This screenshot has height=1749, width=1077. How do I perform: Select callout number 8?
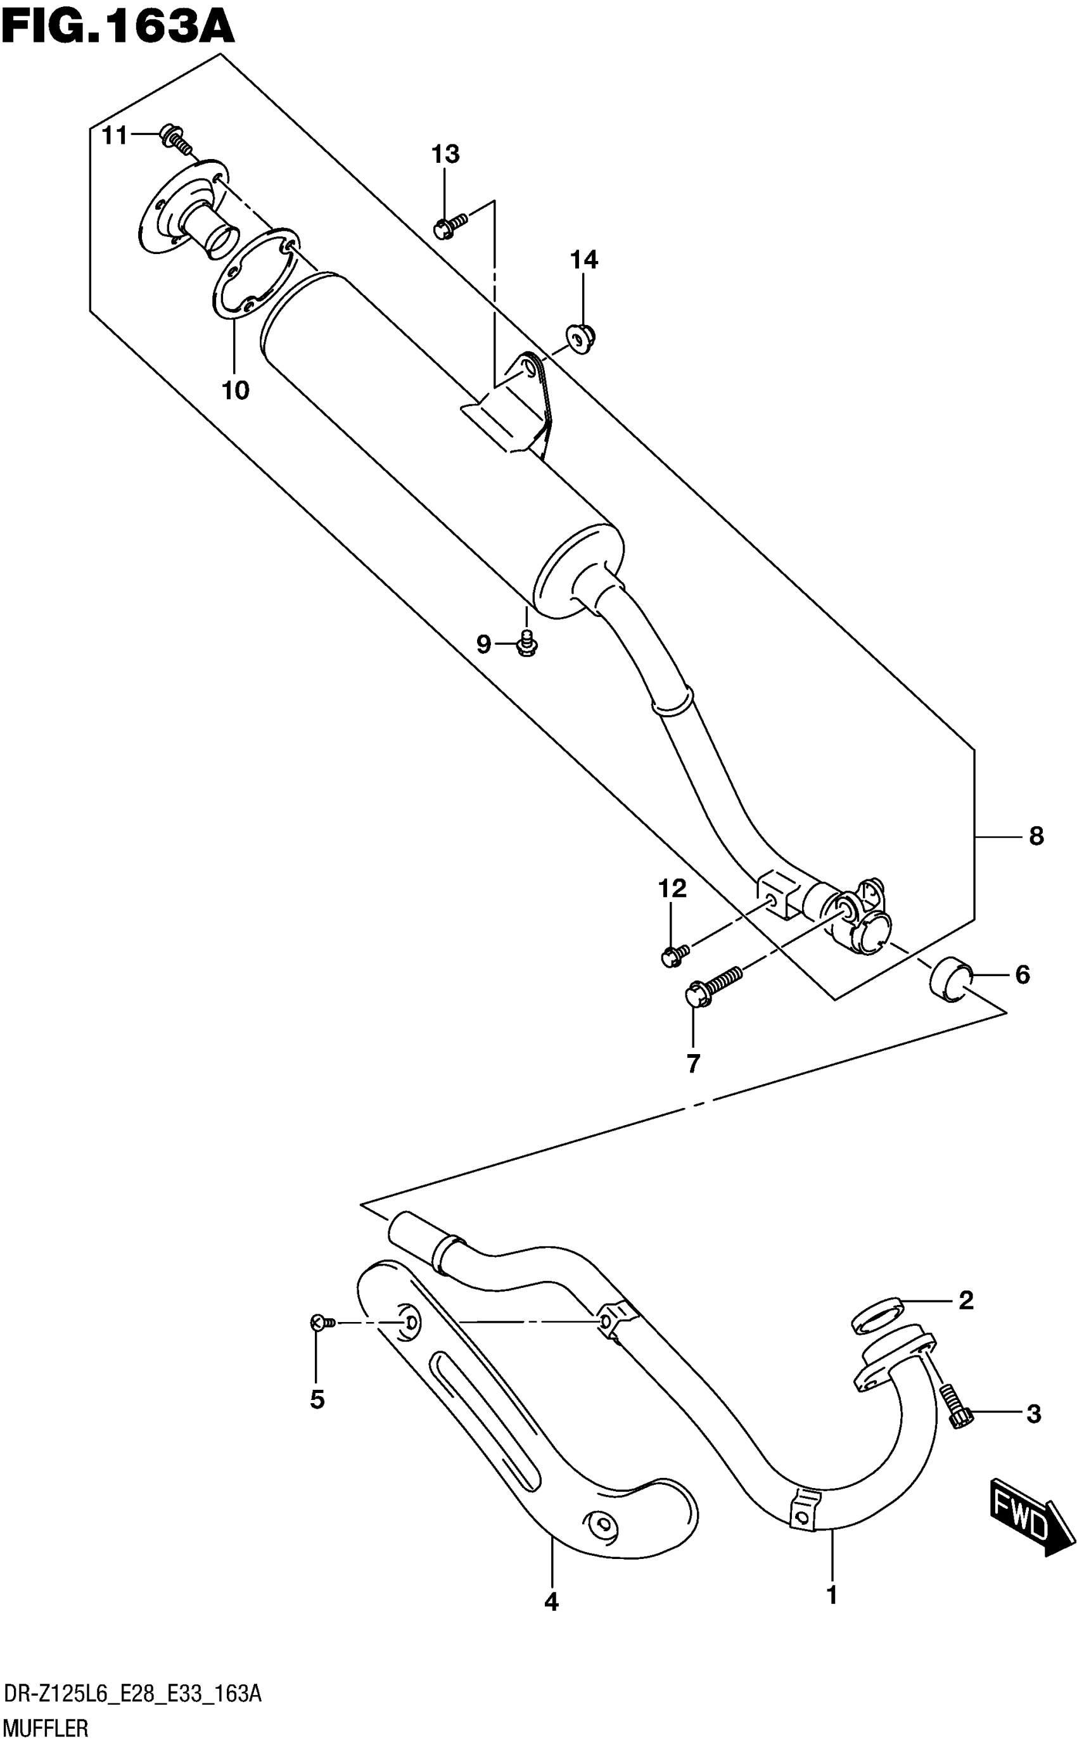pyautogui.click(x=1036, y=836)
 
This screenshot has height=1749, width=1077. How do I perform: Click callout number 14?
pyautogui.click(x=583, y=260)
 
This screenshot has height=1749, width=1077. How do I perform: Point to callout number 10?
pyautogui.click(x=236, y=390)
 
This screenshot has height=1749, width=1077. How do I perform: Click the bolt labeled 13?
pyautogui.click(x=449, y=226)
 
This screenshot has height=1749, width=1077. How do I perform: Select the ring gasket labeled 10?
pyautogui.click(x=255, y=275)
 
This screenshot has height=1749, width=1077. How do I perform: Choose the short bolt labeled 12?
pyautogui.click(x=673, y=954)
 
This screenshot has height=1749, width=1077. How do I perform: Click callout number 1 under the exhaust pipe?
pyautogui.click(x=831, y=1595)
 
